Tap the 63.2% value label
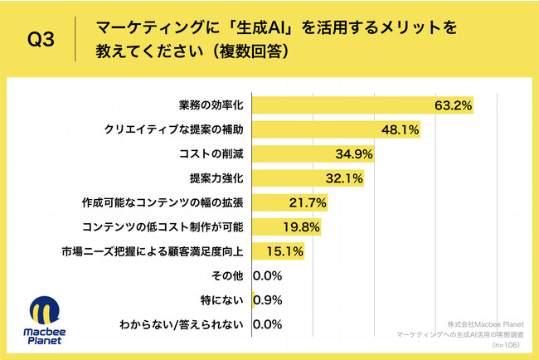click(453, 105)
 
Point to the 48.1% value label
click(400, 130)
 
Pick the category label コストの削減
click(212, 153)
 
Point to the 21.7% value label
click(308, 202)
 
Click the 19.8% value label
click(301, 226)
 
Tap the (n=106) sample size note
click(507, 343)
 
